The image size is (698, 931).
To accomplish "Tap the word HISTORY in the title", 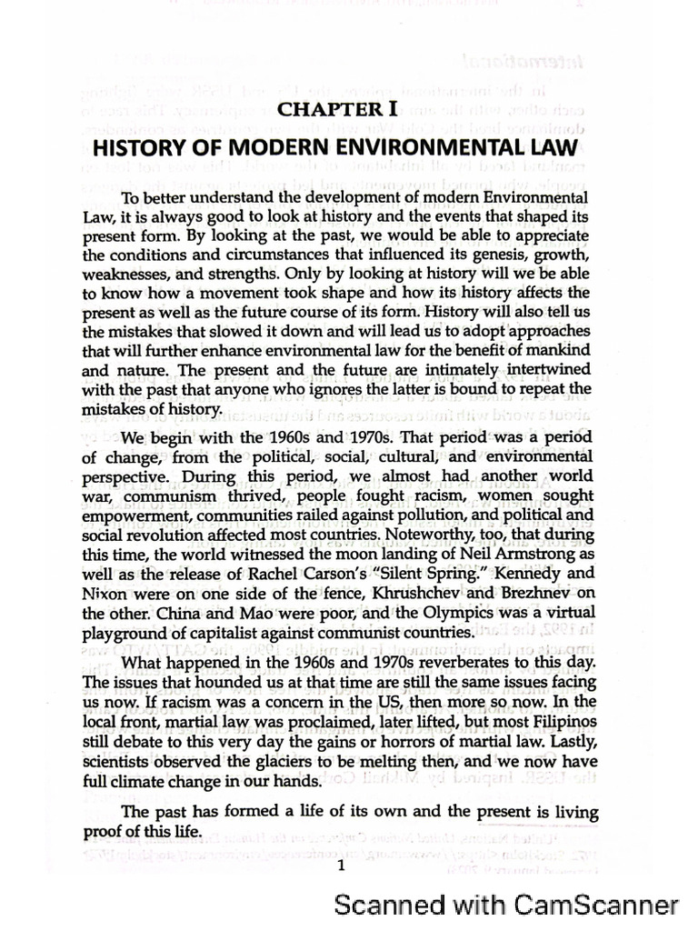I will coord(147,149).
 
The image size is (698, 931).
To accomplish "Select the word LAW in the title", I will coord(553,149).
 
